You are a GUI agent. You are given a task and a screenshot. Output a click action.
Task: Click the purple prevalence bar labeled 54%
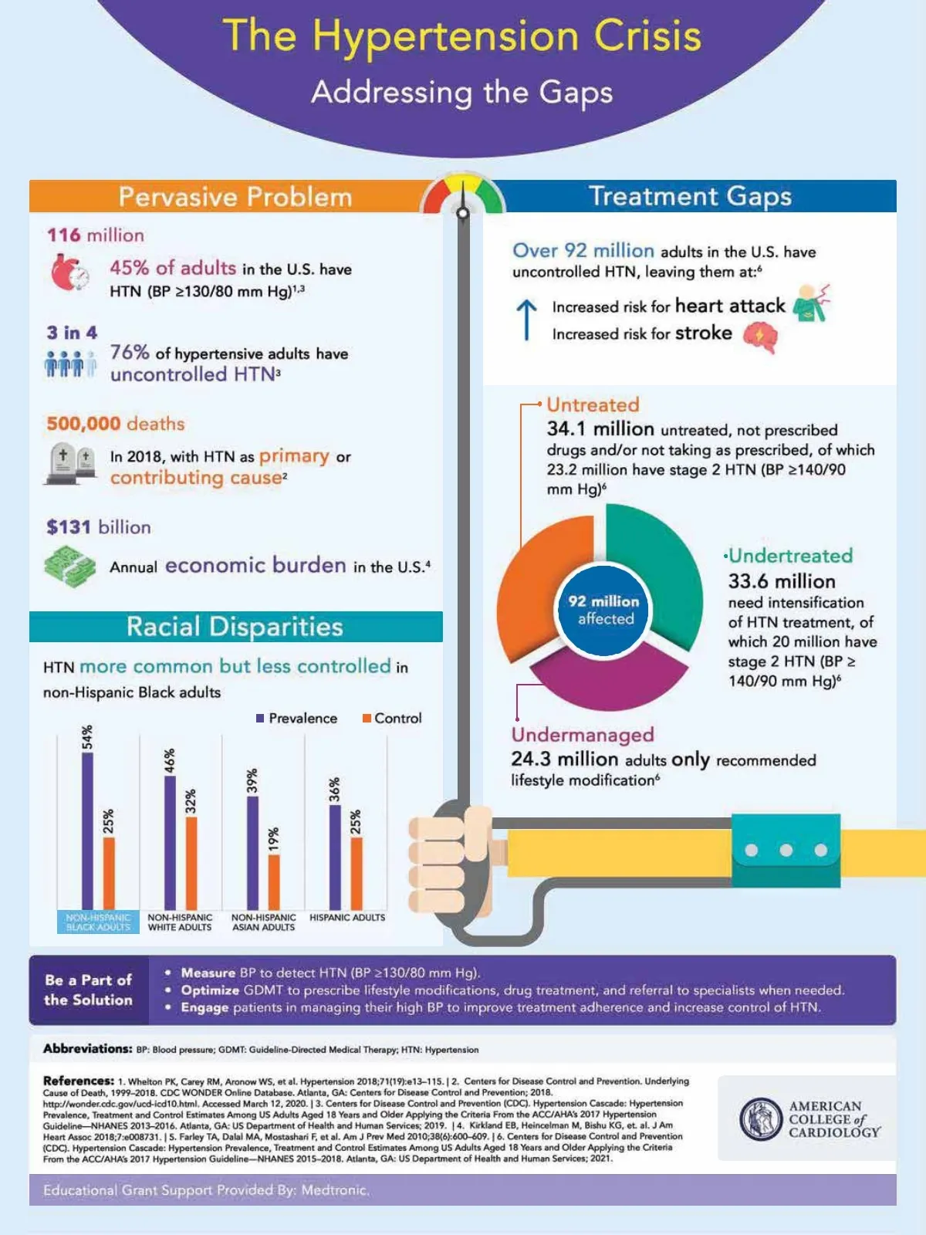(x=87, y=830)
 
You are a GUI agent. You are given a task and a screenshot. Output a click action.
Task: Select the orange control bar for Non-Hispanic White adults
(x=191, y=862)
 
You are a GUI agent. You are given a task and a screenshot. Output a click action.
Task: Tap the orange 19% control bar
(x=274, y=881)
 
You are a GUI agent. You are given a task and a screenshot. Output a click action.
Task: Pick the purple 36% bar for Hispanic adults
(x=335, y=857)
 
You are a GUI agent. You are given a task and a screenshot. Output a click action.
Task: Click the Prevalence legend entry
(x=297, y=719)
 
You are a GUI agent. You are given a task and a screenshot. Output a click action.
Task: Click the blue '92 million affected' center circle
(x=604, y=610)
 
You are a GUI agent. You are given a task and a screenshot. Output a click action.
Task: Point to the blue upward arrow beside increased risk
(x=526, y=319)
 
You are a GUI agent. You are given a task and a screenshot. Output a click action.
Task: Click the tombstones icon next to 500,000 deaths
(x=71, y=463)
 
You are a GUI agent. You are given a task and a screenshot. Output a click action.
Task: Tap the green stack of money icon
(x=69, y=566)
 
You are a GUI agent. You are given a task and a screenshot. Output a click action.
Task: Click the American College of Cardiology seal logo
(x=761, y=1119)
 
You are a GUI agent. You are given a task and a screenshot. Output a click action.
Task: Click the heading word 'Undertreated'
(x=791, y=556)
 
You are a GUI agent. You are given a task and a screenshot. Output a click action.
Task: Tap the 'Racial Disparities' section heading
(x=235, y=627)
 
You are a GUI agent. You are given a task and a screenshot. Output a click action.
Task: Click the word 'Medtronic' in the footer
(x=334, y=1190)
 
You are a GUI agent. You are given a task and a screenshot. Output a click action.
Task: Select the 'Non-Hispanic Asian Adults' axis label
(x=264, y=922)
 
